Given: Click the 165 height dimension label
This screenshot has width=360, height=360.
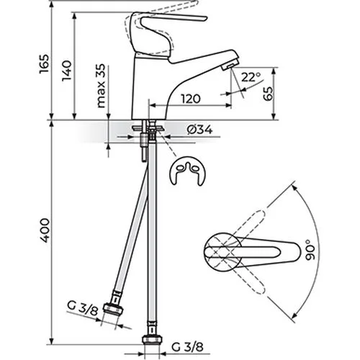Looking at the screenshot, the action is [x=44, y=64].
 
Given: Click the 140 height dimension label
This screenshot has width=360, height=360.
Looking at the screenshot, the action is [x=66, y=71].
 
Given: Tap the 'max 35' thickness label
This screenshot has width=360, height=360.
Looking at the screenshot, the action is [x=101, y=86].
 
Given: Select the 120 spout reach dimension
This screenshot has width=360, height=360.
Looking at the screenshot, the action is [x=191, y=99].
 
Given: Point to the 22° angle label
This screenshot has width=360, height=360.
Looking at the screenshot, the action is [x=251, y=77].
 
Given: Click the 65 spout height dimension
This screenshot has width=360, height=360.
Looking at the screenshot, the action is [x=268, y=94].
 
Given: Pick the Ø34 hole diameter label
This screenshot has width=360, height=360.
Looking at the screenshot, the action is [x=200, y=130].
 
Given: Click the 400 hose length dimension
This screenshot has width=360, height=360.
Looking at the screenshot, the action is [x=45, y=230].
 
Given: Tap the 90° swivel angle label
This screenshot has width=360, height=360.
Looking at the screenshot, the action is [x=310, y=250].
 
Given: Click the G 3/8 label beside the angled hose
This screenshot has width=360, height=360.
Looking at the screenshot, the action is [x=83, y=307].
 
